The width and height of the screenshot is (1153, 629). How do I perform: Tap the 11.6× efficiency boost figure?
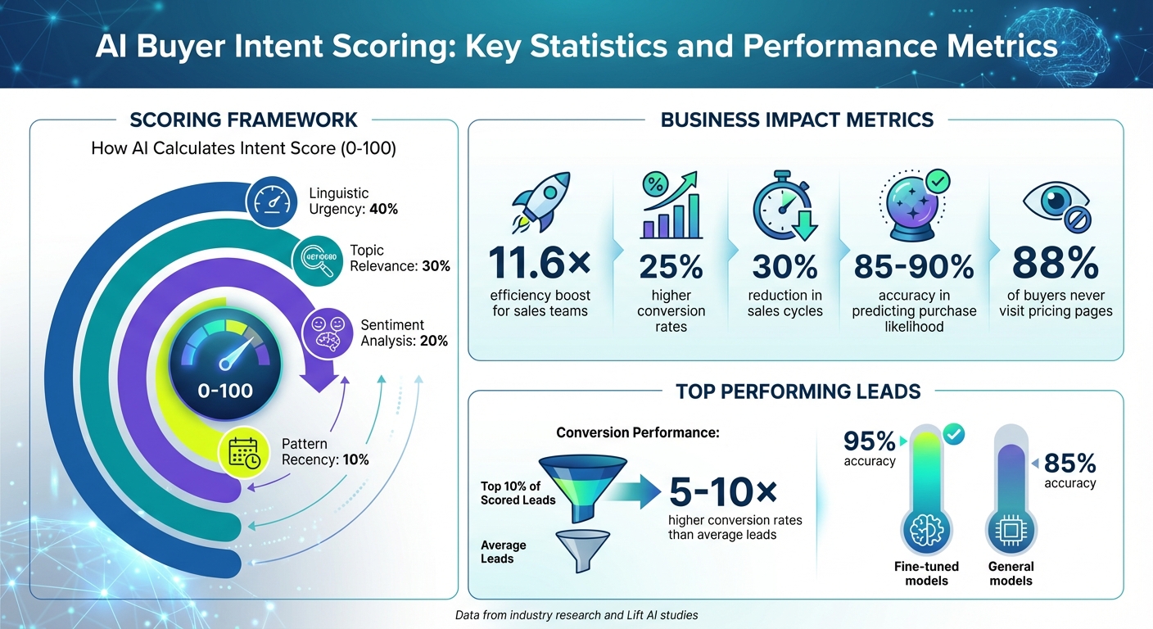click(540, 262)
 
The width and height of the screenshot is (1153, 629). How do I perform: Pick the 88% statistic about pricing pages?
click(1055, 262)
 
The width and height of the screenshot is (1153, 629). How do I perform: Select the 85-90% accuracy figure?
click(914, 265)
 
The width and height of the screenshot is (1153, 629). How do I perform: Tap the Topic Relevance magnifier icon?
click(316, 260)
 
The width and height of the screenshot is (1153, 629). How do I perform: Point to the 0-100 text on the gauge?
click(226, 390)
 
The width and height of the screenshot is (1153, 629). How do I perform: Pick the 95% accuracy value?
click(870, 442)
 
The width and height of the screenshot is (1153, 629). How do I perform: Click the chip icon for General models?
click(1011, 530)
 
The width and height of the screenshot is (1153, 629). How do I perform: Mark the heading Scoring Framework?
click(243, 120)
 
